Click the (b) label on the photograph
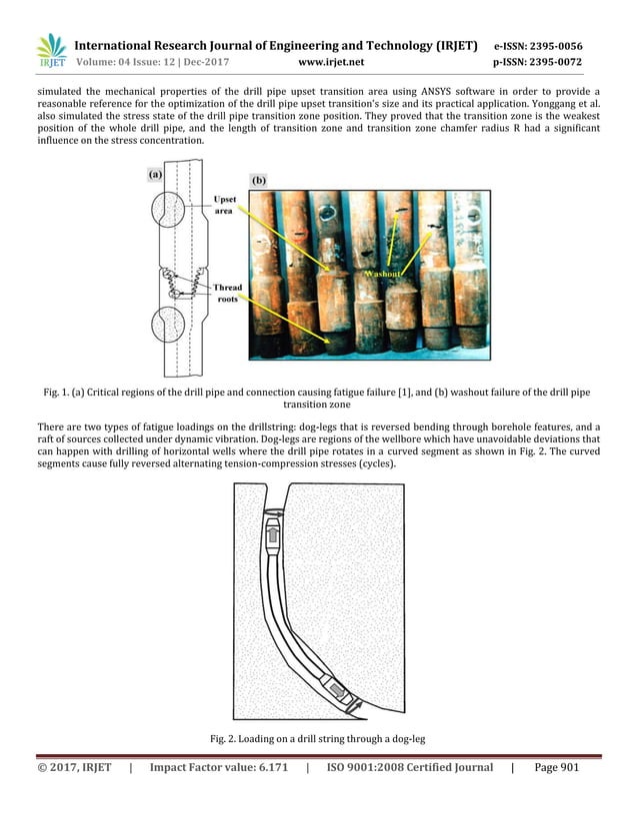pyautogui.click(x=259, y=181)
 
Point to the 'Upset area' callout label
pyautogui.click(x=226, y=206)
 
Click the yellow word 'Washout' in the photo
pyautogui.click(x=383, y=273)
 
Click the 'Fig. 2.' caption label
pyautogui.click(x=224, y=738)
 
